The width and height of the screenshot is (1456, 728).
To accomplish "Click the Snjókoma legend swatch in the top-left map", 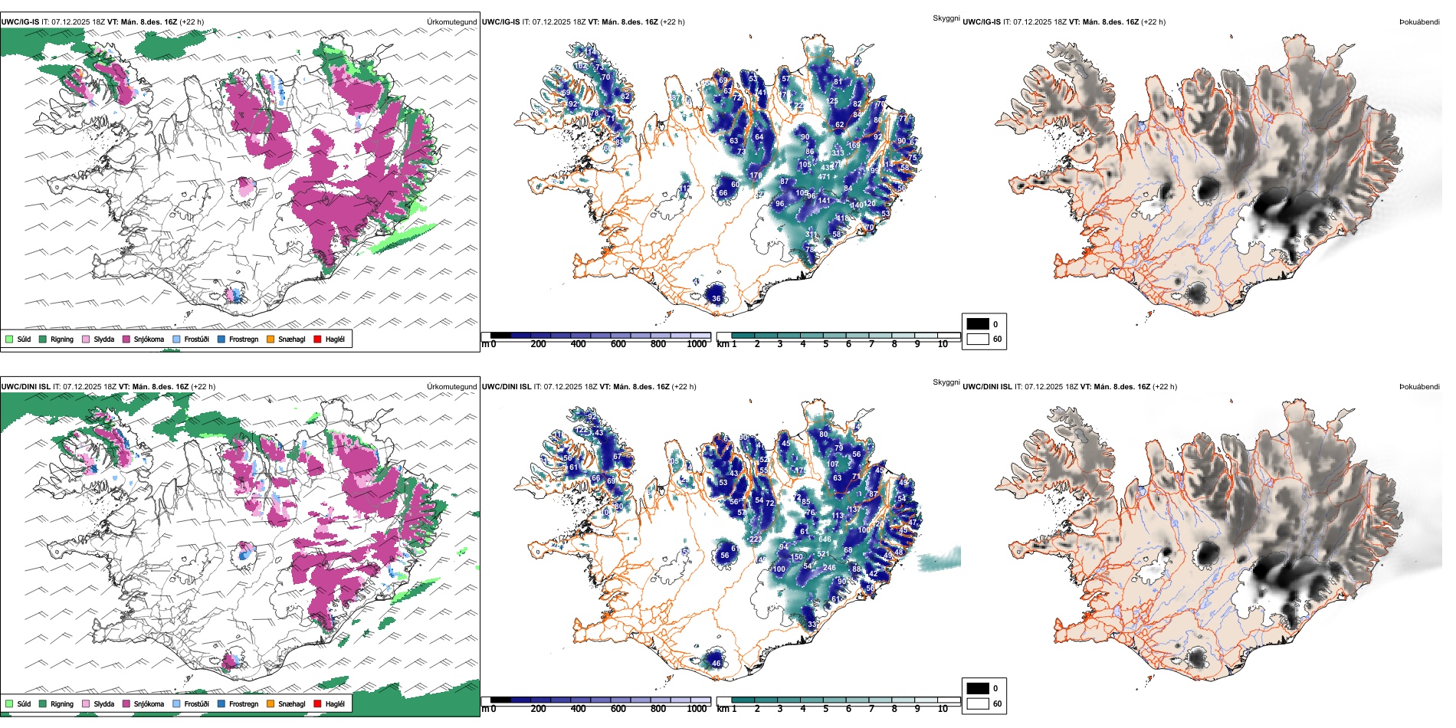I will [126, 339].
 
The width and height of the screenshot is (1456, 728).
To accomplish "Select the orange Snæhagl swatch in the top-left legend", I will [271, 339].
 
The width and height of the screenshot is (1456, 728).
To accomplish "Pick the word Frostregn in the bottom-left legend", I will [243, 703].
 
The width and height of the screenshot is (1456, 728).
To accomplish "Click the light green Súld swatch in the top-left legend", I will [9, 339].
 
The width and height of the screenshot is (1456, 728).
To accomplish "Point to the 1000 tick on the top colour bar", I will [697, 344].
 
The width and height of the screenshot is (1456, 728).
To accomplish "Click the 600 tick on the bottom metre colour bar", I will [618, 709].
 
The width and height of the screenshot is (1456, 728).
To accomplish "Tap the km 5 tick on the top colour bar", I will [826, 344].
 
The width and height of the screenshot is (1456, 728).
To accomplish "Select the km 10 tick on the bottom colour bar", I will [943, 709].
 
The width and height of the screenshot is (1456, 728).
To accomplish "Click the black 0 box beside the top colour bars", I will [978, 324].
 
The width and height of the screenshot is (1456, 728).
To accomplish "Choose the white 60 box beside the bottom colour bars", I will [978, 703].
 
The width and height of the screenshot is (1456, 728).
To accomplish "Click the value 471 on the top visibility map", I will [824, 177].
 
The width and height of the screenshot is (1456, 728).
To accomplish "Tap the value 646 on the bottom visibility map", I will [825, 539].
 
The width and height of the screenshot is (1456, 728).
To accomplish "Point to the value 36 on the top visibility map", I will [716, 299].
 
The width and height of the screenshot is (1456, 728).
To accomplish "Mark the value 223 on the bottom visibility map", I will [756, 539].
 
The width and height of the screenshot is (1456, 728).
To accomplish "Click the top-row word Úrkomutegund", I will [451, 22].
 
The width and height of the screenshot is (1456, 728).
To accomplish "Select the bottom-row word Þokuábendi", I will [1419, 387].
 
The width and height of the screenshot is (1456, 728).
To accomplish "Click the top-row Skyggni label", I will [946, 18].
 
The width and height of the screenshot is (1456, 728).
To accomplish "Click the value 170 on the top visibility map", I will [756, 175].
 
